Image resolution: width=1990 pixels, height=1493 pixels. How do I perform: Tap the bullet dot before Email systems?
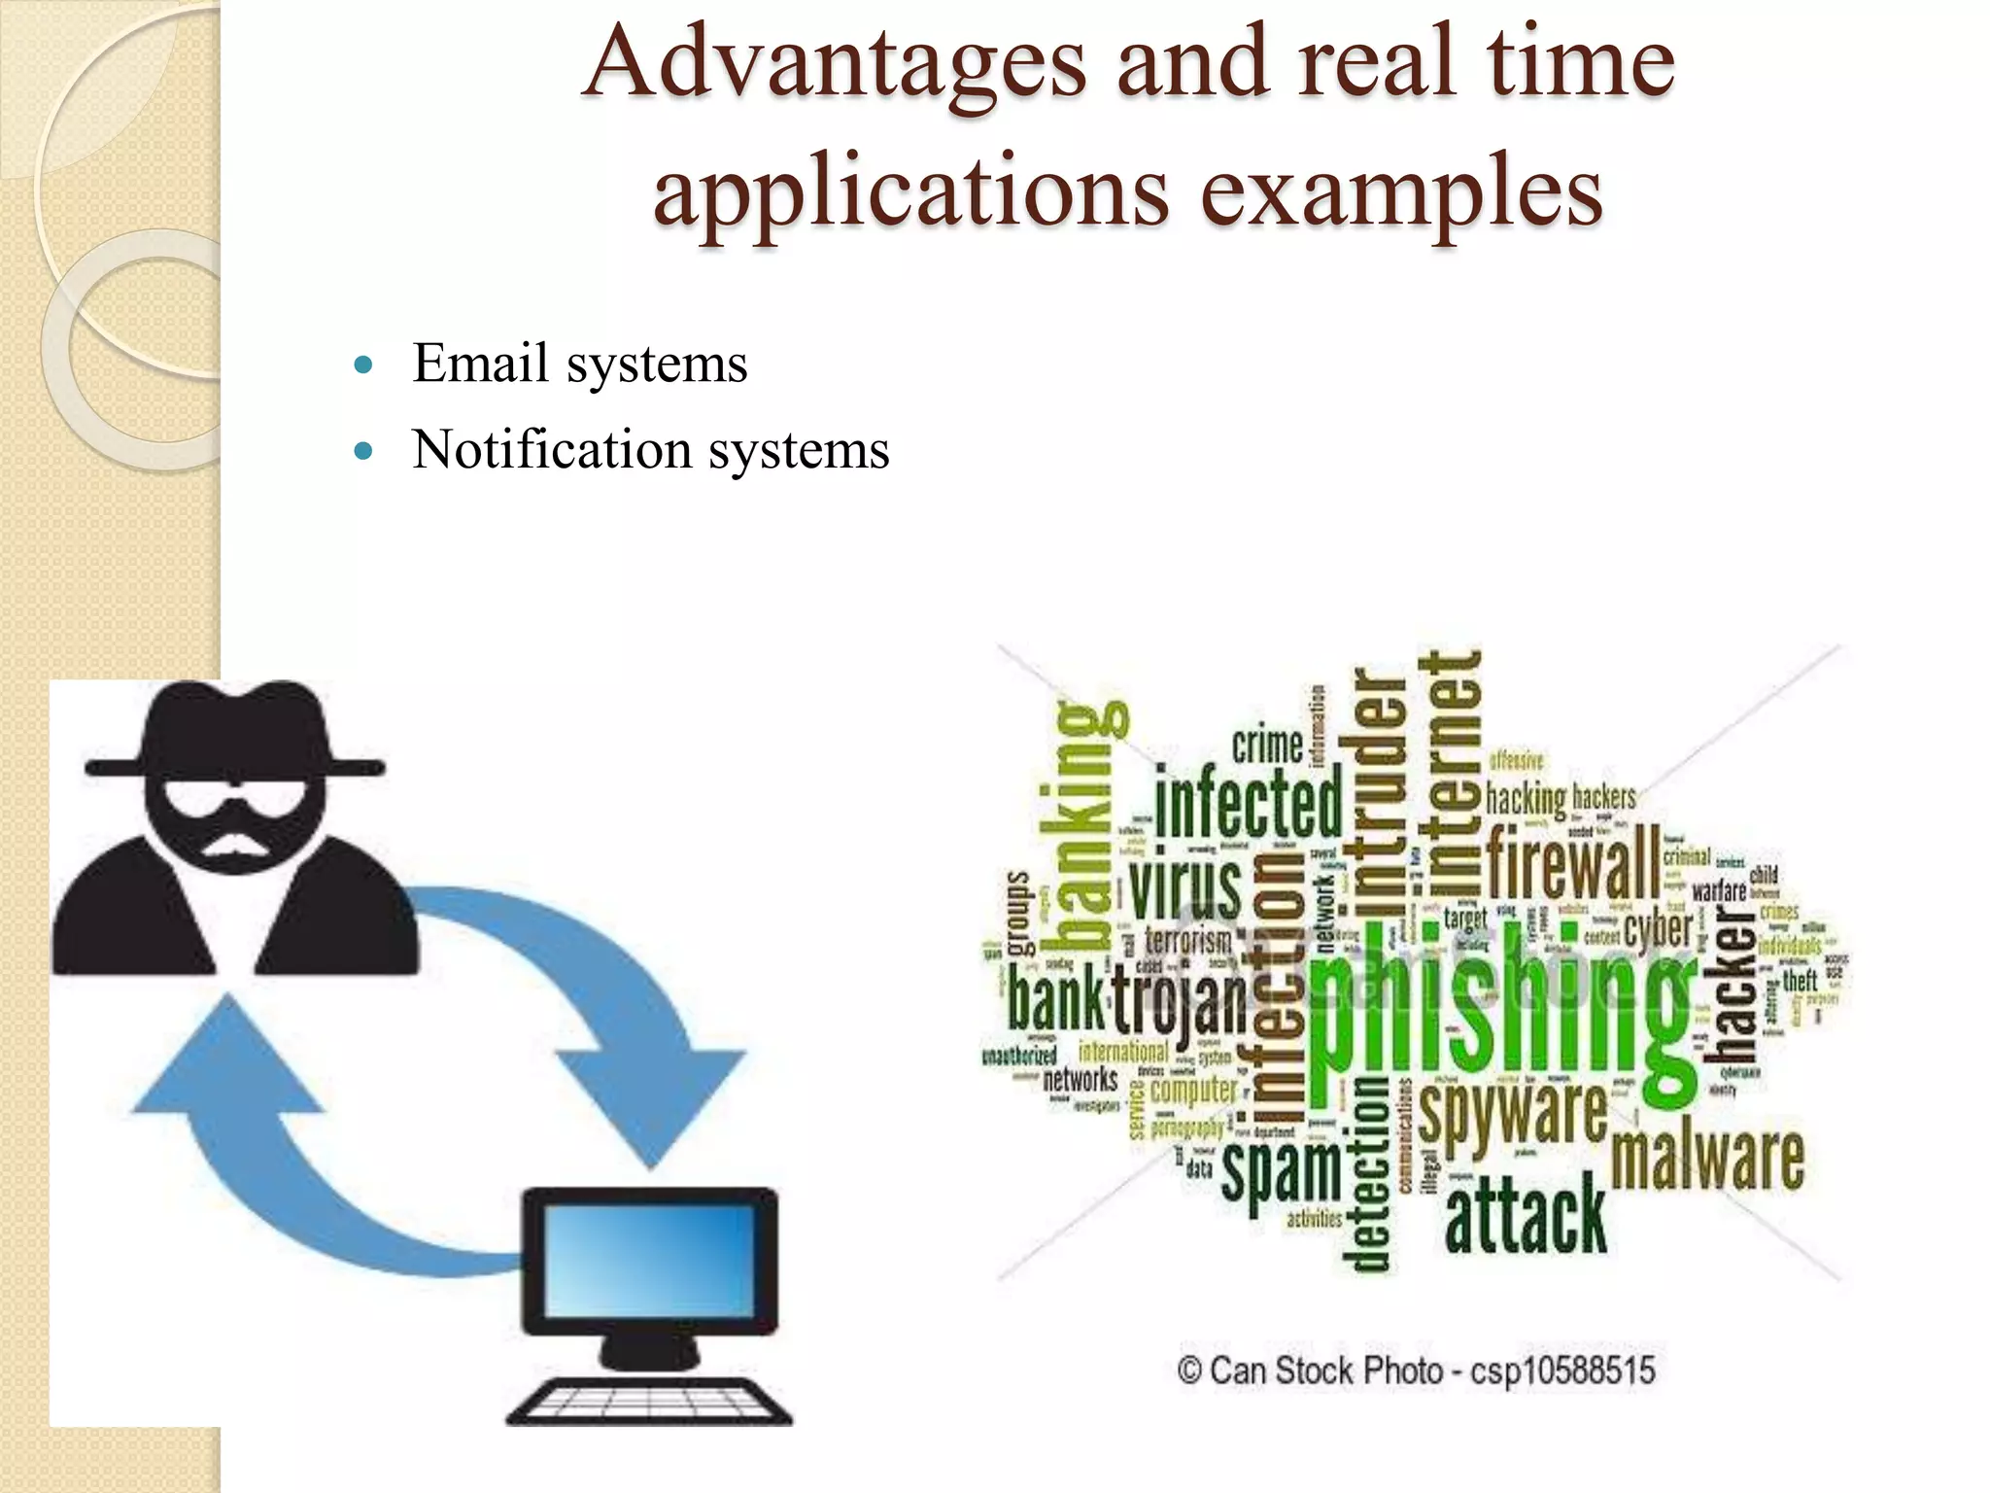click(x=364, y=365)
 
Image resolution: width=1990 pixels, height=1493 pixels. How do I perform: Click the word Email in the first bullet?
click(x=481, y=364)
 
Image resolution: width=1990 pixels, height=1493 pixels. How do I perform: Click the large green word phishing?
click(x=1501, y=1011)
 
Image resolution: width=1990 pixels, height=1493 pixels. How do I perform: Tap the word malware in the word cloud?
click(x=1707, y=1159)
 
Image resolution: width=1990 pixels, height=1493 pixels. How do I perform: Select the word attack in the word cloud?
click(x=1526, y=1215)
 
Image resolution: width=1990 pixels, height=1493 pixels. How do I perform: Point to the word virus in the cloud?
click(x=1185, y=886)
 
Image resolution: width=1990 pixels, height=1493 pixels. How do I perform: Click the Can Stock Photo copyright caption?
click(x=1416, y=1371)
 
